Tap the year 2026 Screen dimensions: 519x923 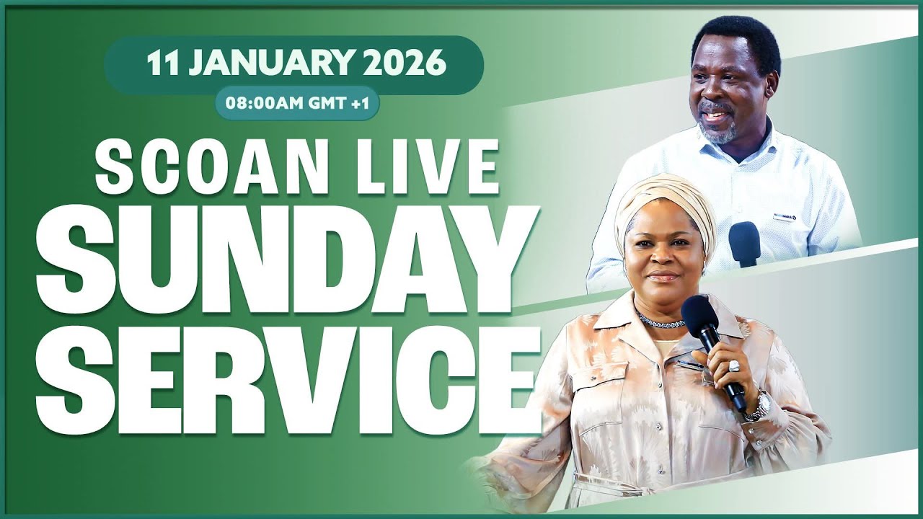tap(405, 64)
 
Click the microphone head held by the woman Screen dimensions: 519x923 tap(698, 314)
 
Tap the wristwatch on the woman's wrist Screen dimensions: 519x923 tap(756, 406)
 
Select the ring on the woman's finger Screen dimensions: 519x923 tap(734, 365)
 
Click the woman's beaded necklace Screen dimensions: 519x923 tap(660, 321)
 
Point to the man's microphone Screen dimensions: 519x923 tap(743, 244)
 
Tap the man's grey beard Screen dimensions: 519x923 tap(718, 132)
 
